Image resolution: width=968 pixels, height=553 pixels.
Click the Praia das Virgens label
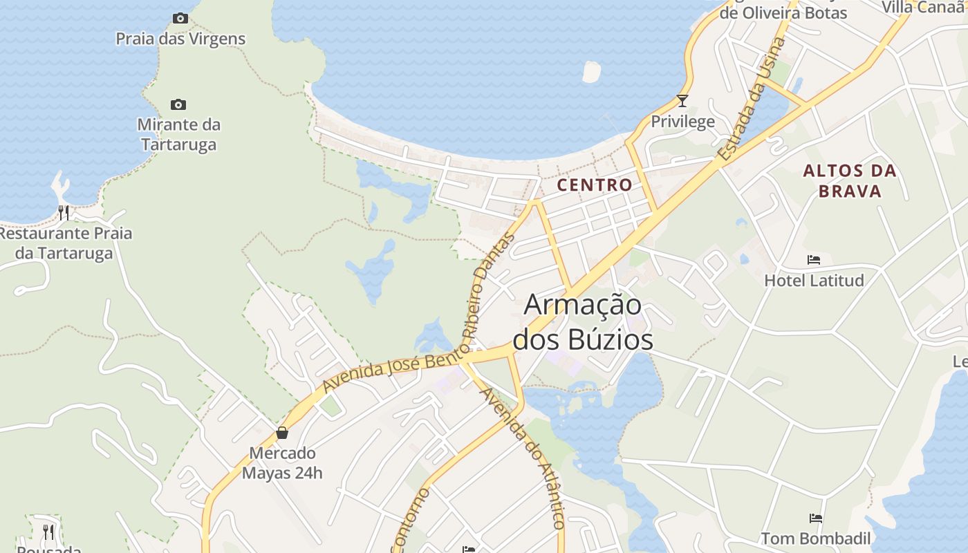(x=180, y=39)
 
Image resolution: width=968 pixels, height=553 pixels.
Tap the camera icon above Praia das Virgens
(x=180, y=19)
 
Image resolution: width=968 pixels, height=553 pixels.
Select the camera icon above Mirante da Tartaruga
(x=178, y=105)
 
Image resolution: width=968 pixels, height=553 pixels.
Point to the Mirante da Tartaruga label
(x=178, y=135)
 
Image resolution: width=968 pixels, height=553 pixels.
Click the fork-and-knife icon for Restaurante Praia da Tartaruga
(x=64, y=212)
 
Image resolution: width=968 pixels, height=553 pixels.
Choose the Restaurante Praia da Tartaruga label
(x=64, y=243)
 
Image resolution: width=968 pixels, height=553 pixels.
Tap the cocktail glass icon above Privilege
(x=682, y=101)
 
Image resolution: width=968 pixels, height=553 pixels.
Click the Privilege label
(x=682, y=122)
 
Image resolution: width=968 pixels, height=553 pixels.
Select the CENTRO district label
(x=595, y=185)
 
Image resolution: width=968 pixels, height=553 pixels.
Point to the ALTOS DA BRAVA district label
(x=850, y=180)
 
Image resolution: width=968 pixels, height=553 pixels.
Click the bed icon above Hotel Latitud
(x=814, y=260)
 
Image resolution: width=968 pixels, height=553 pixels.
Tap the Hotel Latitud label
(x=814, y=281)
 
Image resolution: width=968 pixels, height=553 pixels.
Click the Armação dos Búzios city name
(x=583, y=322)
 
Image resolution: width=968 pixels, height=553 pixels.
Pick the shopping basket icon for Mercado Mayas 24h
(x=282, y=433)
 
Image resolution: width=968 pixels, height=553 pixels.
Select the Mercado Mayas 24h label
(x=282, y=463)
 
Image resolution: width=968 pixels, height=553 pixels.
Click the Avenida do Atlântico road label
(x=523, y=458)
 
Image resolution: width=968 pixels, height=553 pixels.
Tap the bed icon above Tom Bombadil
(x=816, y=518)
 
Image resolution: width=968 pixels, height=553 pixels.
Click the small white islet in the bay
(x=591, y=72)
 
